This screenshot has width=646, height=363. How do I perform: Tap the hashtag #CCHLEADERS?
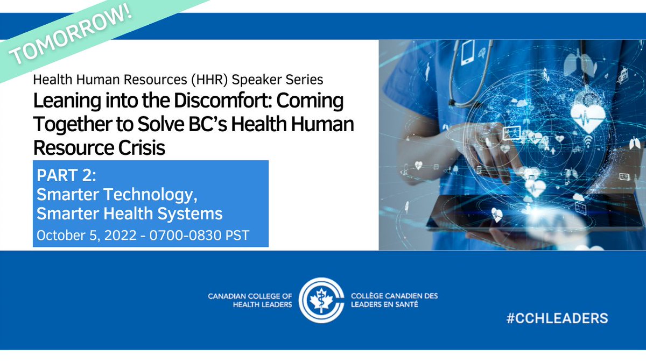coord(557,318)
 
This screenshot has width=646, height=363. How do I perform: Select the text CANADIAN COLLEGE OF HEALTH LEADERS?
coord(250,300)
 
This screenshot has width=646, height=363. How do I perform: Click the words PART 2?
coord(58,176)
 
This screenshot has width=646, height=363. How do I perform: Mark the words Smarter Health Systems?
coord(129,213)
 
